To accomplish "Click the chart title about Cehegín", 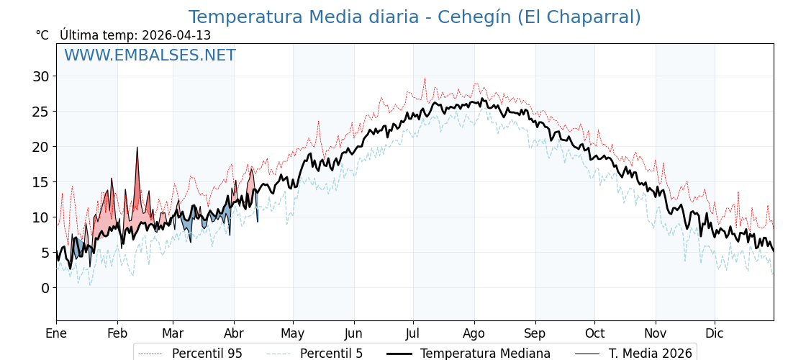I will tap(415, 17).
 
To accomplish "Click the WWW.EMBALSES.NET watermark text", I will tap(150, 55).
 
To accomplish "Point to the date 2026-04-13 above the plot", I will tap(176, 35).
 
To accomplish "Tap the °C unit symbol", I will tap(42, 35).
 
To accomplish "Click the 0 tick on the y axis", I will tap(45, 288).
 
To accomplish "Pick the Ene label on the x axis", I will tap(56, 333).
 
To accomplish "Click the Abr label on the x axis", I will tap(234, 333).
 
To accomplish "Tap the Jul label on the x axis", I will tap(413, 333).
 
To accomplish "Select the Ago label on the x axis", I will tap(474, 333).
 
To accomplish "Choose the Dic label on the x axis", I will tap(715, 333).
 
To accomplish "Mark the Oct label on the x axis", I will tap(594, 333).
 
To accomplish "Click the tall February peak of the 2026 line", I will tap(137, 148).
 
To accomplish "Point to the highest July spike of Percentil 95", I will tap(425, 79).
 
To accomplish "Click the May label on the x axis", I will tap(293, 333).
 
